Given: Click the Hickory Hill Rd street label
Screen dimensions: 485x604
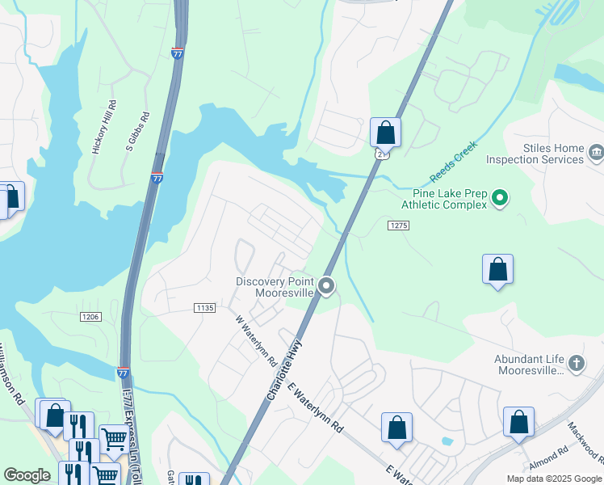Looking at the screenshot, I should tap(105, 127).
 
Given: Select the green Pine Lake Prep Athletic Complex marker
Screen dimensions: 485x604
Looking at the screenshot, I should tap(500, 197).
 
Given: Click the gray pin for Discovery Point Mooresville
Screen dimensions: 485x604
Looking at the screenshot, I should tap(326, 285).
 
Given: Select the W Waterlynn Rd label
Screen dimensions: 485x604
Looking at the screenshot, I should tap(257, 339).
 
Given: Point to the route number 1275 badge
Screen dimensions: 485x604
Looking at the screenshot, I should tap(397, 226).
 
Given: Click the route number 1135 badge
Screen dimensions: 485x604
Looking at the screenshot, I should tap(205, 308).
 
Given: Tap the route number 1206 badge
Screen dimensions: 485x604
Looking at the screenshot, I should tap(90, 317).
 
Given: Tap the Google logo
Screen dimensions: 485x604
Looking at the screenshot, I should tap(27, 475).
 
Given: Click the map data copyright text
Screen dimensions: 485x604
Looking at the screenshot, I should tap(553, 479).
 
